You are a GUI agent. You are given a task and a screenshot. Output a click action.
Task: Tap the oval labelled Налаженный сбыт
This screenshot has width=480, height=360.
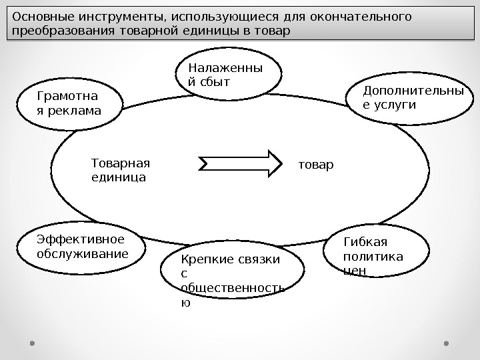(228, 75)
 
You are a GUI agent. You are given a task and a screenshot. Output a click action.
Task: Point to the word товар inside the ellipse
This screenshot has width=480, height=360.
(317, 164)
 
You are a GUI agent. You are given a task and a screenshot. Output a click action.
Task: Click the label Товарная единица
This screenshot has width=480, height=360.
(121, 170)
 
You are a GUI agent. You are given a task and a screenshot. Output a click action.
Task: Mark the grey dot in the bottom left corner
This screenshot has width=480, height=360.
(31, 343)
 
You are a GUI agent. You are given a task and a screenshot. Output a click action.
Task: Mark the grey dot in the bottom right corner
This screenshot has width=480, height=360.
(447, 343)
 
